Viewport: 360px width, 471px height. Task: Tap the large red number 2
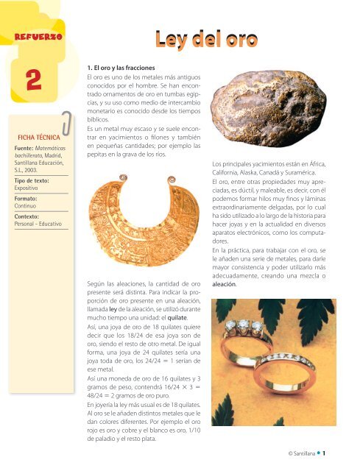(29, 85)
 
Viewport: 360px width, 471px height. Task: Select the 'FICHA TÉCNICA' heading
(38, 137)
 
